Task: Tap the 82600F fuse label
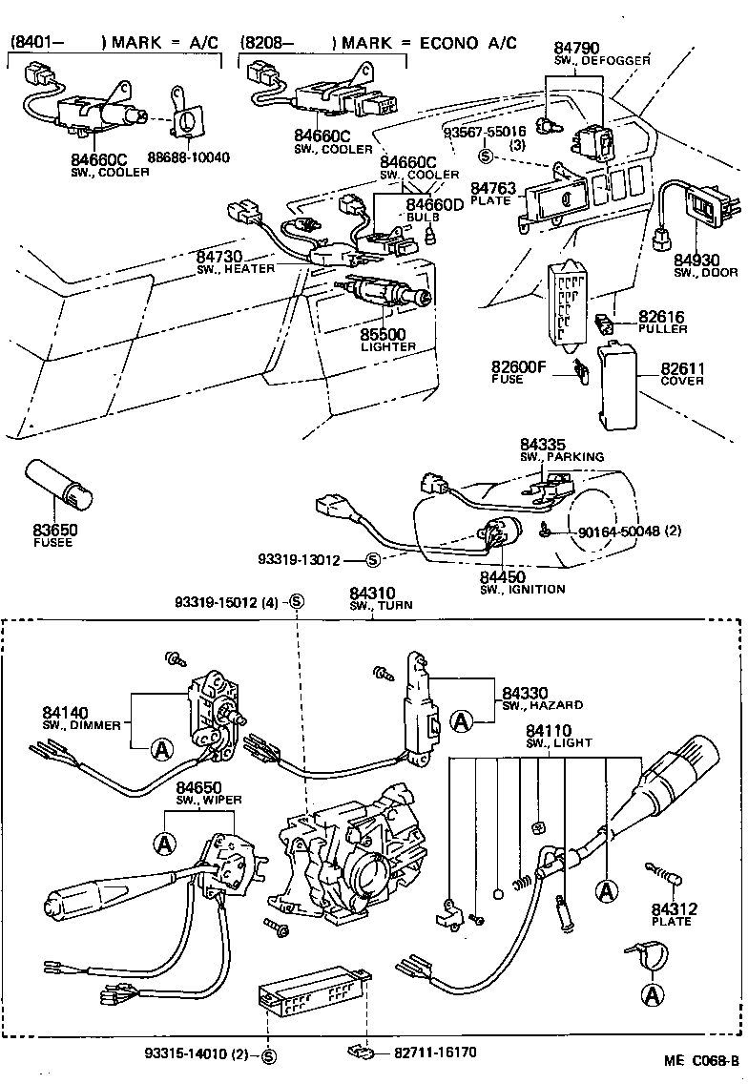click(x=520, y=366)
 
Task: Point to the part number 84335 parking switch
click(x=544, y=444)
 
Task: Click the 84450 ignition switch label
click(x=503, y=576)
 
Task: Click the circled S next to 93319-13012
click(x=373, y=559)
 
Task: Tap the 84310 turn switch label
click(x=372, y=594)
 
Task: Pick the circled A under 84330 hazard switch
click(x=462, y=721)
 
